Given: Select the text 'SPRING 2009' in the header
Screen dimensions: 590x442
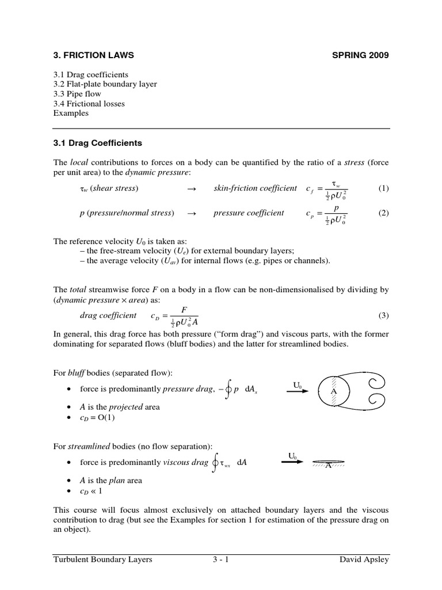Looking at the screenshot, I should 361,56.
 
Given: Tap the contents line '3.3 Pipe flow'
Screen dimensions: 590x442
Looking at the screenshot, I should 77,94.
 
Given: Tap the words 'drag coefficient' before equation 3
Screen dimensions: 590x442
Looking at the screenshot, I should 109,315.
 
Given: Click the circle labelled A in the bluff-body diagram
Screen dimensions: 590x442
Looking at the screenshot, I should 332,391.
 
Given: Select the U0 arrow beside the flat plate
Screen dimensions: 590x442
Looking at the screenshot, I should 292,460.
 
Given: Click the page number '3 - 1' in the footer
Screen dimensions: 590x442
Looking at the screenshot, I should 221,559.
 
